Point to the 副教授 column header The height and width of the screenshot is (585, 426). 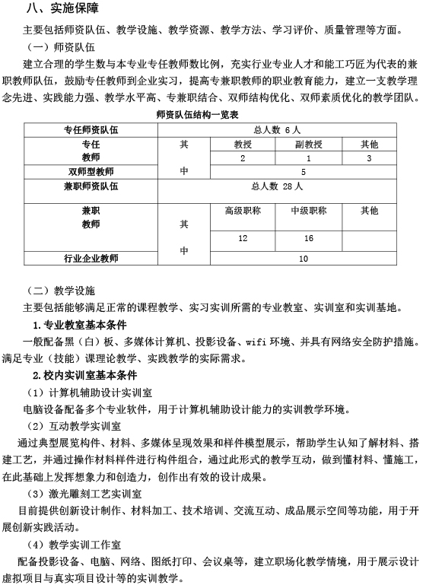coord(309,144)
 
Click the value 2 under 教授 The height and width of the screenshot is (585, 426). coord(242,157)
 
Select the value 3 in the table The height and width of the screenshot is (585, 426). coord(369,157)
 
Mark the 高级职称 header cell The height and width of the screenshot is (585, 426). coord(242,210)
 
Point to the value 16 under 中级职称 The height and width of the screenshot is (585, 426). coord(309,238)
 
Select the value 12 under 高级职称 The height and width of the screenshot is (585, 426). coord(242,238)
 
